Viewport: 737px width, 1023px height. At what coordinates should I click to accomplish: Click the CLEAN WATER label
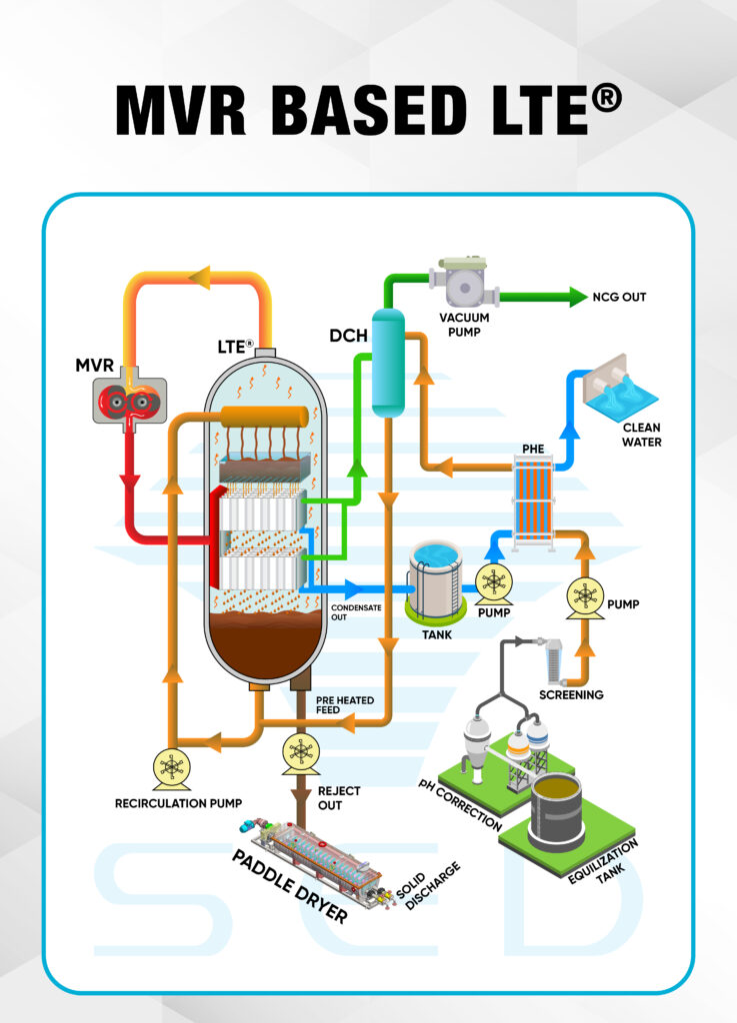(x=641, y=435)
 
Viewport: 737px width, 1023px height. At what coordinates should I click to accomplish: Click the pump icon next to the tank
(x=493, y=582)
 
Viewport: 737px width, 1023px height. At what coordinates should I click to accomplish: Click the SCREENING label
(x=571, y=693)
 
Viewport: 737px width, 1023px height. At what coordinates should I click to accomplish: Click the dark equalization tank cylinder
(x=556, y=810)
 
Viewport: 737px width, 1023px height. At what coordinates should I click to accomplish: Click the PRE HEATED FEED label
(x=345, y=705)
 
